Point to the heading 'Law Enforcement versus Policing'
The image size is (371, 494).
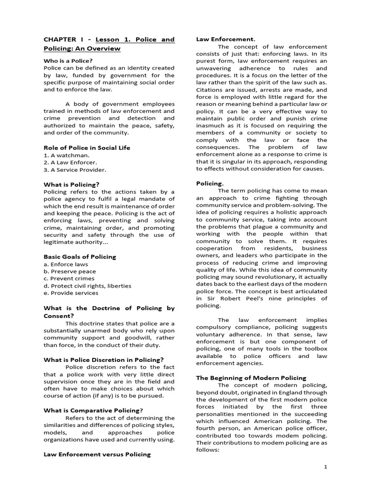click(x=97, y=454)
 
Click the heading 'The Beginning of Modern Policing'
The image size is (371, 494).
click(x=251, y=378)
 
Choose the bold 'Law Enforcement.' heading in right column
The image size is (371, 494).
click(x=226, y=39)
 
